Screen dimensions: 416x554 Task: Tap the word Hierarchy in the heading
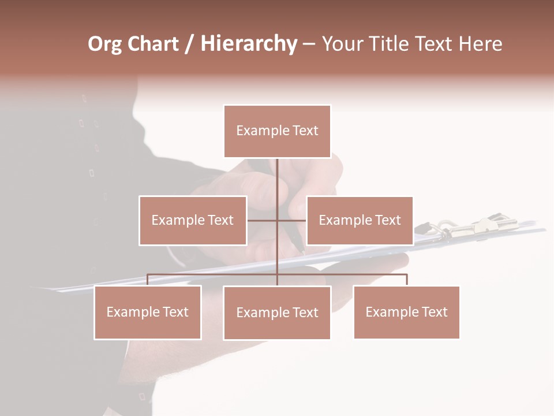(249, 44)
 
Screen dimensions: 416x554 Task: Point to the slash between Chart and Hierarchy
(189, 44)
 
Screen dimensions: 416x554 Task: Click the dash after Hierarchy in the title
(309, 44)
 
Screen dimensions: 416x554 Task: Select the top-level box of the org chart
(277, 131)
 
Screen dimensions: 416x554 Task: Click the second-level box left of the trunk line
(193, 221)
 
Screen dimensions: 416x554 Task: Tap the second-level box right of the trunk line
(360, 221)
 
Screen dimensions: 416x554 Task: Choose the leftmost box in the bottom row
(148, 313)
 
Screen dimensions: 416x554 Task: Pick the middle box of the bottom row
(277, 313)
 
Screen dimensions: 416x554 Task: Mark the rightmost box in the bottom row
(406, 313)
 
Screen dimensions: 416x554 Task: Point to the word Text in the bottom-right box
(435, 312)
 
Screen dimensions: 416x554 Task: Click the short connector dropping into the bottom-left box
(148, 280)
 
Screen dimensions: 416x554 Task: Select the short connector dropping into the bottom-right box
(406, 280)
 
